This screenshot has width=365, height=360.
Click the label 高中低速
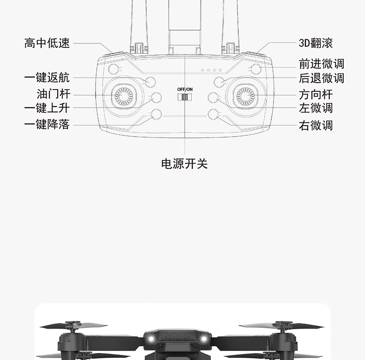(x=47, y=43)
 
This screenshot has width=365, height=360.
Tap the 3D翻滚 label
(x=316, y=43)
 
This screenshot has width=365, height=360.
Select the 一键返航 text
(x=47, y=78)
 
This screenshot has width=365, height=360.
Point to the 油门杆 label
(x=54, y=94)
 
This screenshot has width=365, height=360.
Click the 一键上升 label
(x=47, y=108)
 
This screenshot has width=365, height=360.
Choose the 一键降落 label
(x=47, y=124)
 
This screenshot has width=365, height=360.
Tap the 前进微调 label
(x=322, y=64)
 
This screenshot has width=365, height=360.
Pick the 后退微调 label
(x=322, y=78)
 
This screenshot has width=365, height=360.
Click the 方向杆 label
(x=316, y=95)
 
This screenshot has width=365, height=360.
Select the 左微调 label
(x=316, y=108)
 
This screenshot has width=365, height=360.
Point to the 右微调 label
(x=316, y=126)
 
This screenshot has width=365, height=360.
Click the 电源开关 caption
(x=184, y=164)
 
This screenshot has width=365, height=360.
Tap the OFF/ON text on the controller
(x=185, y=89)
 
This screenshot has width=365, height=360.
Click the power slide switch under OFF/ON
(x=185, y=97)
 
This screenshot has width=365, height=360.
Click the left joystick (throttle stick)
(x=124, y=96)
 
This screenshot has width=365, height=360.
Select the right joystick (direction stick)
(x=245, y=96)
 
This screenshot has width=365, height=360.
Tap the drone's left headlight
(x=151, y=339)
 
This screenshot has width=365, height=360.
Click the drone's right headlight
(x=204, y=339)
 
